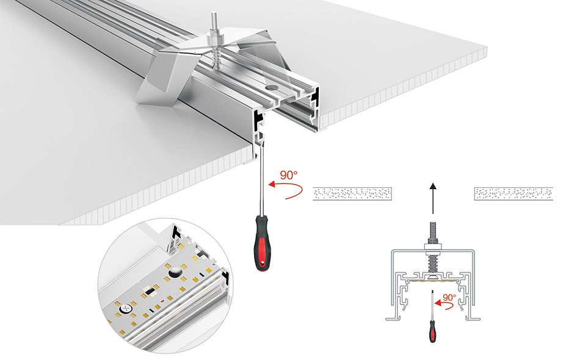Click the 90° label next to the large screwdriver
point(288,175)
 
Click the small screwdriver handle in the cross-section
point(432,332)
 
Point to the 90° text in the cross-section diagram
point(448,298)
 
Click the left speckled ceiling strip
point(352,194)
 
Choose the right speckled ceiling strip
point(514,194)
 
